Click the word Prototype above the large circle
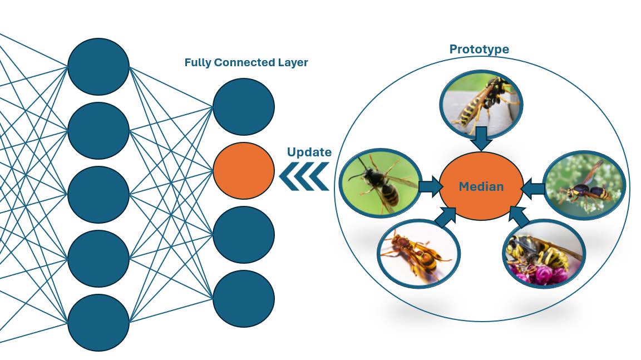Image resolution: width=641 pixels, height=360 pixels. (x=479, y=50)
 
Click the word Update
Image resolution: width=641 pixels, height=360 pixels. (x=309, y=152)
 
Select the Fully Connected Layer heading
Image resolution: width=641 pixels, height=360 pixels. (x=246, y=62)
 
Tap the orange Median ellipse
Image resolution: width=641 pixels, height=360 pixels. (x=481, y=186)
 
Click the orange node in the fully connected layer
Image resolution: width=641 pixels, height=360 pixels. (x=244, y=171)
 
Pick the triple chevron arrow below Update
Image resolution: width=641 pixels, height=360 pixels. (x=304, y=176)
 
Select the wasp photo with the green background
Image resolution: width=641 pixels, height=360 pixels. (x=381, y=183)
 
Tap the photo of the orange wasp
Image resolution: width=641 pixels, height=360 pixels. (x=418, y=254)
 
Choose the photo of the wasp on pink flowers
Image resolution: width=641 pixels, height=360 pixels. (x=544, y=254)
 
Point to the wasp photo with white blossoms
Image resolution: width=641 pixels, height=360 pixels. (x=585, y=185)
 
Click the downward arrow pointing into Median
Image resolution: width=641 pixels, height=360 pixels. (x=481, y=139)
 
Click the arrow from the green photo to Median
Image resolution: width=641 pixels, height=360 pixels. (x=431, y=186)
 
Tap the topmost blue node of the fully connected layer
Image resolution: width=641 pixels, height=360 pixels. (x=244, y=107)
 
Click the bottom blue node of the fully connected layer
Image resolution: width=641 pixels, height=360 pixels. (x=244, y=299)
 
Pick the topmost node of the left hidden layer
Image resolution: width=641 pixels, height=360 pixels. (x=98, y=67)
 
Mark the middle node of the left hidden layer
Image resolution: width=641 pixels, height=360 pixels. (x=98, y=195)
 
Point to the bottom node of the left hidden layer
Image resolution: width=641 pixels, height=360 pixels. (x=98, y=322)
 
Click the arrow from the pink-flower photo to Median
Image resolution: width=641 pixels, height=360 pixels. (x=519, y=216)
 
